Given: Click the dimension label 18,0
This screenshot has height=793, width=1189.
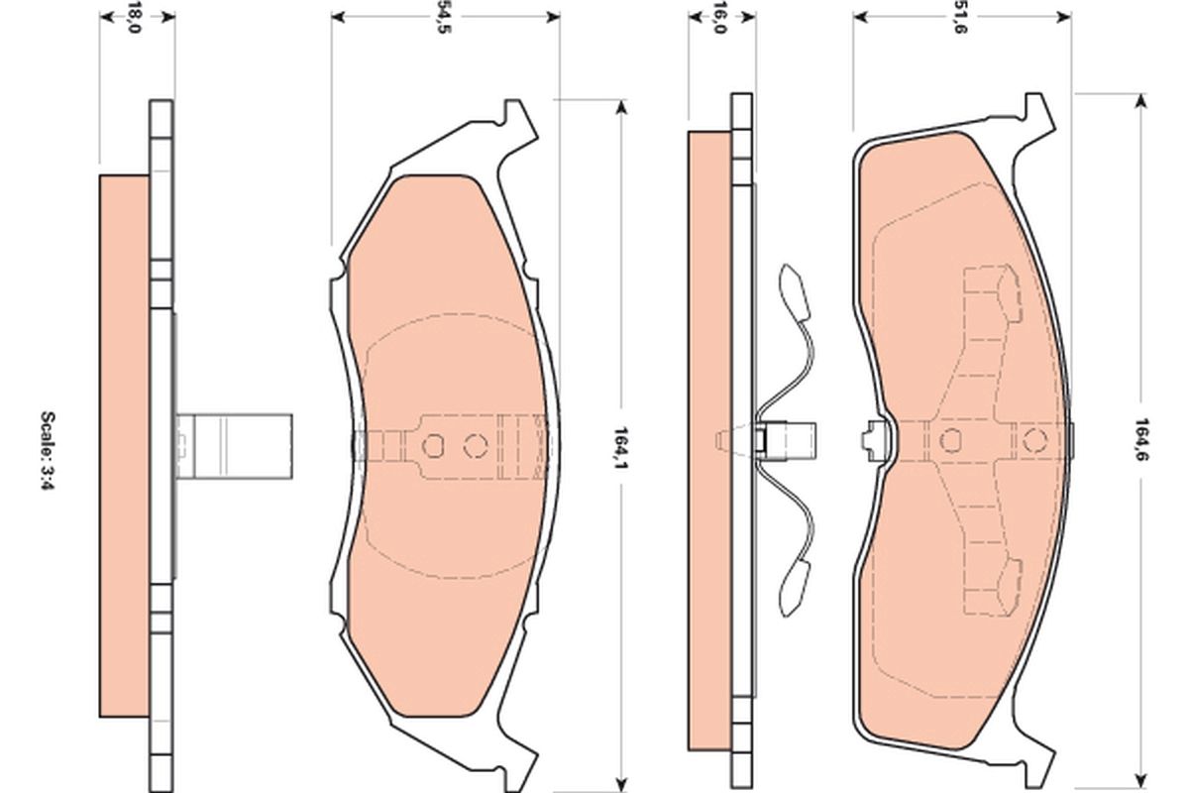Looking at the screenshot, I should (136, 17).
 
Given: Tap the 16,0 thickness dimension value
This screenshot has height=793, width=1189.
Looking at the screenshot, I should (719, 17).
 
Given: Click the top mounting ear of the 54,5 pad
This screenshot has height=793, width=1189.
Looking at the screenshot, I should (517, 124).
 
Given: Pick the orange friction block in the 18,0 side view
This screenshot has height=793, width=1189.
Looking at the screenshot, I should (125, 446).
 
